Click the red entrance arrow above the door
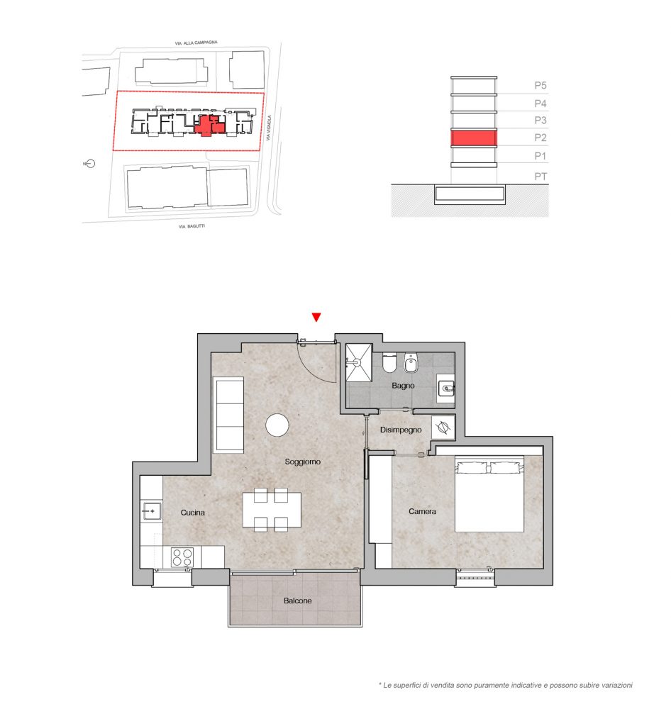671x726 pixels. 316,317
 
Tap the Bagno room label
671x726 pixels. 403,385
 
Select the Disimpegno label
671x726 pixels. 401,430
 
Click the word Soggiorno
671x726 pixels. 302,462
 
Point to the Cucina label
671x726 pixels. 193,513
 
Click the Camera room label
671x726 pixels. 422,511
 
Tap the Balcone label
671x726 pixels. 297,601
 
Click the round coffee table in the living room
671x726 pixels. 277,425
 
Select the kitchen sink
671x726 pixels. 151,511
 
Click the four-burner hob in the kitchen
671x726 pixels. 182,557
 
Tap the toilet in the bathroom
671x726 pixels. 389,363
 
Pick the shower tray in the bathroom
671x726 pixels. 359,362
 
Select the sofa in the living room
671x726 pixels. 228,415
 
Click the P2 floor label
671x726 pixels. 540,138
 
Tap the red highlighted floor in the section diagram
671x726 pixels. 474,138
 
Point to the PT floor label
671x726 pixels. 540,177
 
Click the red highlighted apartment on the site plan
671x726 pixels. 211,125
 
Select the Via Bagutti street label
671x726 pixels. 192,226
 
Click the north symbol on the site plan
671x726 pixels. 90,164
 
